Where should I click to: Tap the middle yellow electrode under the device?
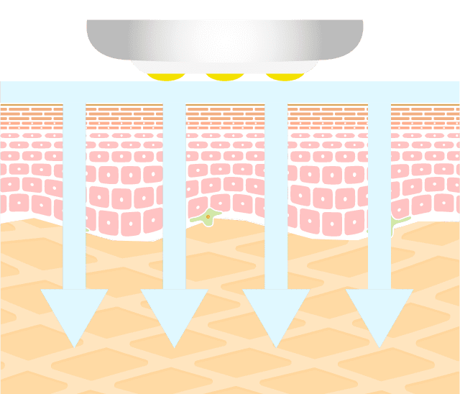tap(224, 76)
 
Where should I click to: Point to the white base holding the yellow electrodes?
tap(224, 67)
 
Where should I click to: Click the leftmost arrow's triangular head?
tap(74, 313)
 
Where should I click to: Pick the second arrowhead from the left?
tap(174, 313)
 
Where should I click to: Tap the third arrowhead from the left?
tap(276, 313)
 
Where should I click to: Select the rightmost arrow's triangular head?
tap(379, 313)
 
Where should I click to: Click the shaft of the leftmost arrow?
tap(74, 201)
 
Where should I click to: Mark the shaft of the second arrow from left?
tap(174, 201)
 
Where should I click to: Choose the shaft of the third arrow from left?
tap(276, 201)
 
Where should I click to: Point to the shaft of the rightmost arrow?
tap(379, 201)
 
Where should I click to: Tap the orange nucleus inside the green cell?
tap(208, 216)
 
